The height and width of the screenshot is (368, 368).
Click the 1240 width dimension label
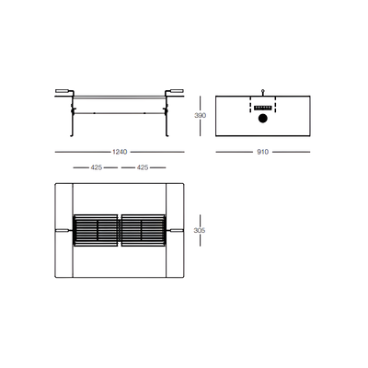pos(120,152)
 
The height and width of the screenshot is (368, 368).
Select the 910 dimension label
pos(262,152)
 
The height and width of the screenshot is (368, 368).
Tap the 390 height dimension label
pos(200,116)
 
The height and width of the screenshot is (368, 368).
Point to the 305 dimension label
pos(200,230)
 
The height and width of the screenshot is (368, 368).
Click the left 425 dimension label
pos(97,167)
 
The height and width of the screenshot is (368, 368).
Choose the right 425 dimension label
pos(143,167)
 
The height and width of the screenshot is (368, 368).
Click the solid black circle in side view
pos(263,119)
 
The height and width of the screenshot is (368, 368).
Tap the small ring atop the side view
pos(263,90)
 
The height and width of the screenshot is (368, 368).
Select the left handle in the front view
pos(63,91)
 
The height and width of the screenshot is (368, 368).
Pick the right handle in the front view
pos(176,91)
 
